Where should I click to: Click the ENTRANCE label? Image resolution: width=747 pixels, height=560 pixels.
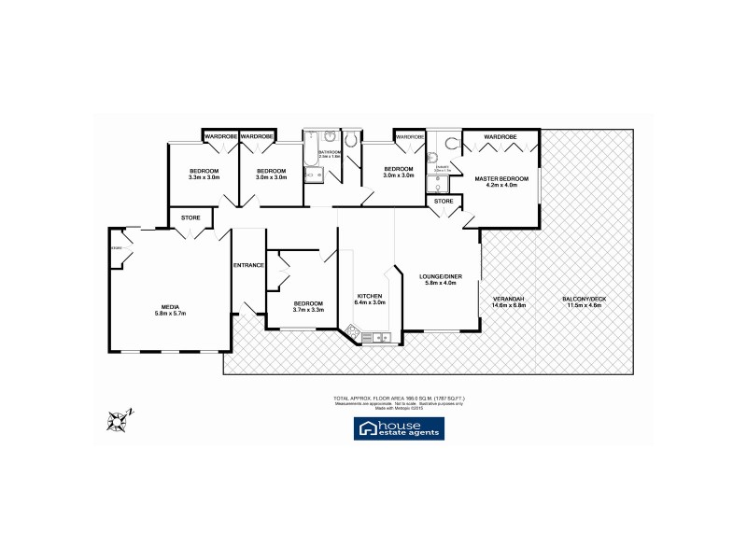[x=248, y=265]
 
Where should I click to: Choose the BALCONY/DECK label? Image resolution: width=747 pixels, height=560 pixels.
[x=581, y=301]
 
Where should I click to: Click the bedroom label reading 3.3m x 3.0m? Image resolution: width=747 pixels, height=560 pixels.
[x=204, y=174]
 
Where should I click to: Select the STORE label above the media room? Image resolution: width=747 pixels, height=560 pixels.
[x=190, y=218]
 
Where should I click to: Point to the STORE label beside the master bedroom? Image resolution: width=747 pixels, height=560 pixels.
[x=444, y=201]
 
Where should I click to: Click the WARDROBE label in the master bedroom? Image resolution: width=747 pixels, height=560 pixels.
[x=500, y=137]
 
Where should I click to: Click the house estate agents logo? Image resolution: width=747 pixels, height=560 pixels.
[x=399, y=428]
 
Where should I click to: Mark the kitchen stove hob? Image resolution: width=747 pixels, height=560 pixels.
[x=354, y=330]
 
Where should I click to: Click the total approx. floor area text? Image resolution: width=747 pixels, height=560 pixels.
[x=399, y=399]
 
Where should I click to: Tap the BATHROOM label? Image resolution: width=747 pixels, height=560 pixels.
[x=330, y=151]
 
